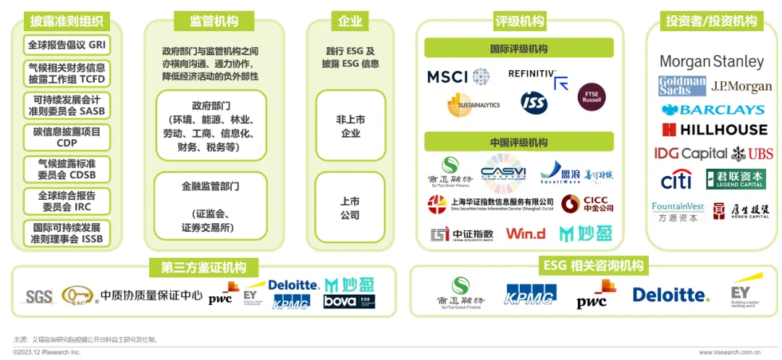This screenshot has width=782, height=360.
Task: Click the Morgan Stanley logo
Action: pyautogui.click(x=712, y=62)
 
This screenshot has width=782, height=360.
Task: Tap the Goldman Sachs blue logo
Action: pyautogui.click(x=681, y=86)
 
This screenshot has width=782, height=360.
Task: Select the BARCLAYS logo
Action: pyautogui.click(x=712, y=110)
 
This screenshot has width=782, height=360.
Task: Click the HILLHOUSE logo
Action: pyautogui.click(x=714, y=130)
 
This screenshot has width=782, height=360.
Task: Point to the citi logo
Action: pyautogui.click(x=676, y=180)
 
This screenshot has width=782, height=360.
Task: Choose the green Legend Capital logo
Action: pyautogui.click(x=735, y=179)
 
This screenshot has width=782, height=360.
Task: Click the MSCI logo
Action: pyautogui.click(x=457, y=77)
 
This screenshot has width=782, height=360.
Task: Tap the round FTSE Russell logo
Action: pyautogui.click(x=592, y=97)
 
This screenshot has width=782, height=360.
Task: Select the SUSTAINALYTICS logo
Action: pyautogui.click(x=474, y=105)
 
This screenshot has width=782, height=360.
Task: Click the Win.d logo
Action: pyautogui.click(x=526, y=234)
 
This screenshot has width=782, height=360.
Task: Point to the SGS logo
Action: pyautogui.click(x=39, y=296)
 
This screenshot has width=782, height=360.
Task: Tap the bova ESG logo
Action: pyautogui.click(x=349, y=301)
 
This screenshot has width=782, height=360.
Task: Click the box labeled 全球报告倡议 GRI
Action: pyautogui.click(x=67, y=45)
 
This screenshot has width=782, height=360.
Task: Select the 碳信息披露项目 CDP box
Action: pyautogui.click(x=67, y=137)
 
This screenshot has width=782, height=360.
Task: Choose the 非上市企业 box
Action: pyautogui.click(x=350, y=126)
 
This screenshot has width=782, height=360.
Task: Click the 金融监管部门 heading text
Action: pyautogui.click(x=211, y=186)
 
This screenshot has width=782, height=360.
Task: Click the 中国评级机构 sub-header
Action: pyautogui.click(x=518, y=142)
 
